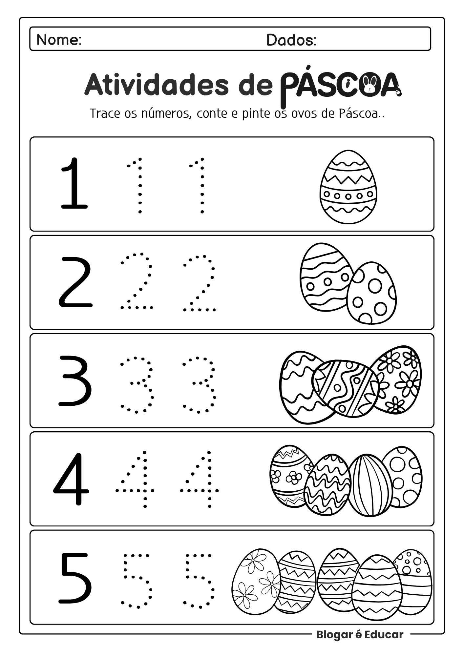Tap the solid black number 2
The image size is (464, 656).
click(x=75, y=282)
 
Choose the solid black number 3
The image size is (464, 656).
click(x=75, y=380)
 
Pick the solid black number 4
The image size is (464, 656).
click(x=71, y=479)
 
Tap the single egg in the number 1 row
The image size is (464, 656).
click(x=348, y=187)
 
